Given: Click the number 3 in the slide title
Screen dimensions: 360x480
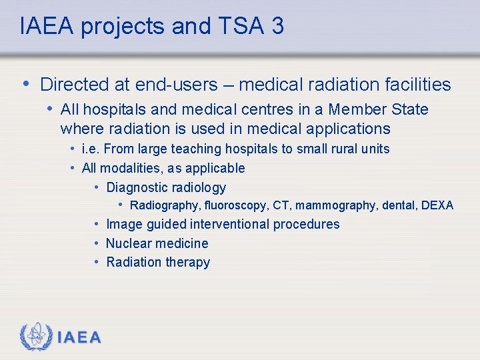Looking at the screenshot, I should click(x=277, y=26).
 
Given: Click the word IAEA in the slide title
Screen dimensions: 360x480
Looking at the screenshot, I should click(x=44, y=26).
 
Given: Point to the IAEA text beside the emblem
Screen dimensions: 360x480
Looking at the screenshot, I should click(x=79, y=338).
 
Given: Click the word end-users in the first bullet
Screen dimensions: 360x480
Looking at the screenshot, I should click(x=176, y=85).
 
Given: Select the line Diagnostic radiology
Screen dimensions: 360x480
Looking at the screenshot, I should click(x=166, y=187).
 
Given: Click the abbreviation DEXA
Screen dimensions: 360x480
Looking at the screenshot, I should click(x=437, y=205).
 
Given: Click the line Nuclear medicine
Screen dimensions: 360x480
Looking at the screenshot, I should click(x=157, y=243).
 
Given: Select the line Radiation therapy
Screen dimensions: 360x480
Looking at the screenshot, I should click(x=158, y=262).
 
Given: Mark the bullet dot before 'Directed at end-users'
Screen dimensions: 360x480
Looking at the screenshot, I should click(x=25, y=83).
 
